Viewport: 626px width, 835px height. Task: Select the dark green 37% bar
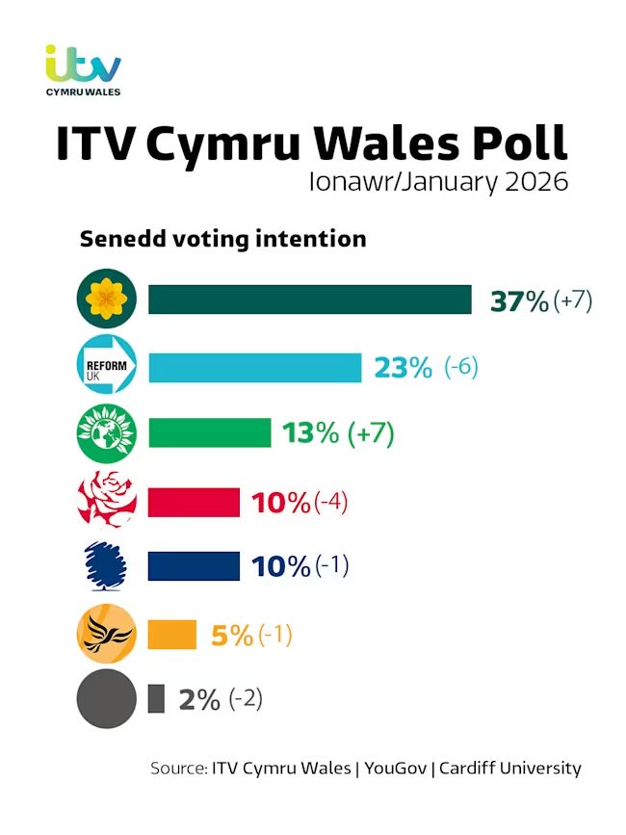(x=309, y=300)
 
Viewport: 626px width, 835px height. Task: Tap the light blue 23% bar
(x=254, y=367)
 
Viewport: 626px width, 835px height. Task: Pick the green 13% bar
(x=209, y=432)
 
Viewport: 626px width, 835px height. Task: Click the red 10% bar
(x=194, y=502)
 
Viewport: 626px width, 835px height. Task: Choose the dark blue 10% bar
(x=194, y=566)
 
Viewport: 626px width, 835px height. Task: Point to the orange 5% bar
(x=172, y=634)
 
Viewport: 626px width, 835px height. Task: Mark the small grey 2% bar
(x=156, y=698)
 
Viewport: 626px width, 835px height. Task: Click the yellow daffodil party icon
(x=107, y=300)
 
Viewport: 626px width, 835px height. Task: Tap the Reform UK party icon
(x=107, y=367)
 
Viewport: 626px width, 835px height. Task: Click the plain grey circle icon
(x=107, y=698)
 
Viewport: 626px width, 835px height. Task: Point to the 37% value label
(x=519, y=300)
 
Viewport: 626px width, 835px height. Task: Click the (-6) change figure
(x=461, y=367)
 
